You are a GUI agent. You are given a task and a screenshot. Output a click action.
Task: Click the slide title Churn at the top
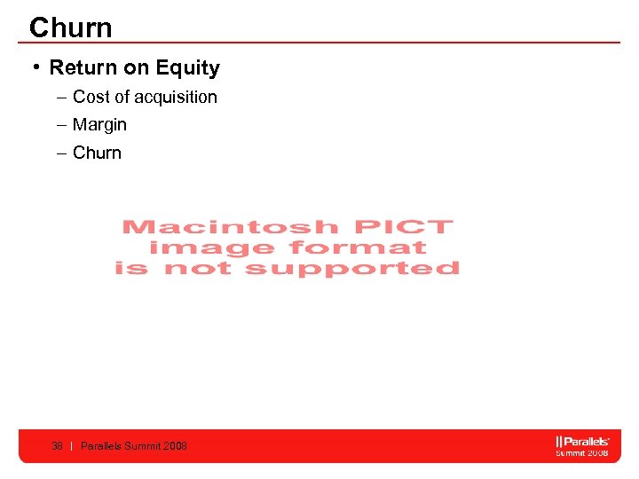click(71, 27)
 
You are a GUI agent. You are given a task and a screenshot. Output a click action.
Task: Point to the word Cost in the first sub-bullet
click(91, 97)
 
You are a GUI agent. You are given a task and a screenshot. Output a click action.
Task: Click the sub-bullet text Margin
click(99, 124)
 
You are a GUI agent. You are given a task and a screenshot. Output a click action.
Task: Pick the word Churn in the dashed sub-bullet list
click(97, 153)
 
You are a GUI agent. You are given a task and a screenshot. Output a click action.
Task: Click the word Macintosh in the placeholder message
click(230, 228)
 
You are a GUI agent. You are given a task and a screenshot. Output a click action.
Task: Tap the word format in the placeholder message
click(359, 248)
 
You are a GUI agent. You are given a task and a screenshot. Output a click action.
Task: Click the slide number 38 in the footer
click(57, 446)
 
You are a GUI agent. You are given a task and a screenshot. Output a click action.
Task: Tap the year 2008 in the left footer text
click(176, 446)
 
